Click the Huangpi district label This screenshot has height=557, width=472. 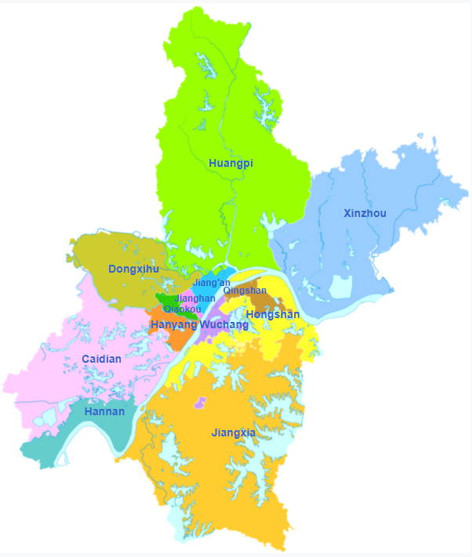point(231,163)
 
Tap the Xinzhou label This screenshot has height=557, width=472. point(365,213)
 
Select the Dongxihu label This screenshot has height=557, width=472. point(133,269)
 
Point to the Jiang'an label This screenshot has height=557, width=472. point(211,282)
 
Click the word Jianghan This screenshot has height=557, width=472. point(194,298)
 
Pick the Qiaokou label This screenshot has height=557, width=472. point(183,309)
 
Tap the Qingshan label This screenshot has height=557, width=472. point(245,291)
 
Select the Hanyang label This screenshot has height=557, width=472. point(173,324)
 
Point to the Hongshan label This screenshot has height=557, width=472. point(273,314)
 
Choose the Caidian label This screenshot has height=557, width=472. point(102,359)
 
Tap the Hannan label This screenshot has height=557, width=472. point(104,411)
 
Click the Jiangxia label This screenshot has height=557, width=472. point(233,432)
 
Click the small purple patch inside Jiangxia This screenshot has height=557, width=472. point(200,403)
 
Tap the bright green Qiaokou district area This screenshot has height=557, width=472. point(166,299)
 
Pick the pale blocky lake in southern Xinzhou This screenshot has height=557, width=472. point(341,286)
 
